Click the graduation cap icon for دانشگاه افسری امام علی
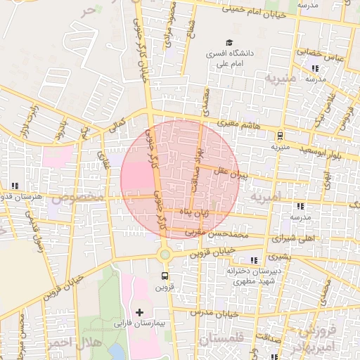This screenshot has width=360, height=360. tap(229, 42)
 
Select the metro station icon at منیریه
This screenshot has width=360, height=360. tap(280, 136)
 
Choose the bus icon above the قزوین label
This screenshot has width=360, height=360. tap(165, 276)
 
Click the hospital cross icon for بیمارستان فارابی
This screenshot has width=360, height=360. tap(139, 311)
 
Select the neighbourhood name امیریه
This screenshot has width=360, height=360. tap(267, 198)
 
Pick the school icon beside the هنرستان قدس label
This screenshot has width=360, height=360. tap(15, 186)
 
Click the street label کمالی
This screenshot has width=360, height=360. tap(117, 127)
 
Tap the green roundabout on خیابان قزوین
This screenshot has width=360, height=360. tap(165, 255)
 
